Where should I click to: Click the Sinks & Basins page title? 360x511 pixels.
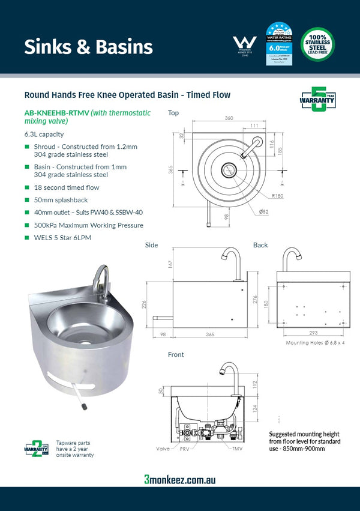pos(88,47)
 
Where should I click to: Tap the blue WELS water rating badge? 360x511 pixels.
pos(279,44)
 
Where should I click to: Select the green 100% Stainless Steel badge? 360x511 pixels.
pos(317,44)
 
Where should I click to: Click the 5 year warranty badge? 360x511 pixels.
pos(317,100)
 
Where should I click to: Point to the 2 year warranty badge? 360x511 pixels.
pos(35,447)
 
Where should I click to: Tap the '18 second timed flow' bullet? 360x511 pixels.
pos(66,187)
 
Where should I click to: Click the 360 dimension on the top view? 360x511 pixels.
pos(229,118)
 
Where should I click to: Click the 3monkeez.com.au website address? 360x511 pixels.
pos(179,479)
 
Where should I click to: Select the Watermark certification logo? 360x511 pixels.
pos(244,46)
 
